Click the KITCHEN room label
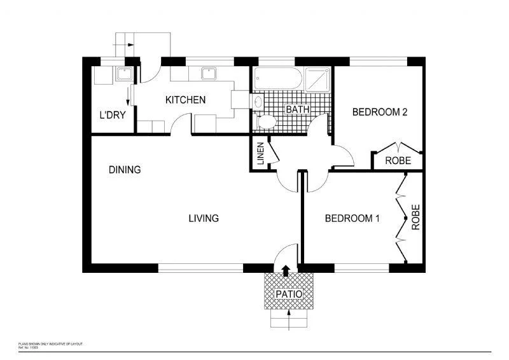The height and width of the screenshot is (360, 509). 185,100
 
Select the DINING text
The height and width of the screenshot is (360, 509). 124,170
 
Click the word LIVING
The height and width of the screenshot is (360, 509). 204,218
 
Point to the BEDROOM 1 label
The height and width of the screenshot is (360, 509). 352,219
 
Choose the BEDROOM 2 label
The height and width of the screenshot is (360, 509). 380,113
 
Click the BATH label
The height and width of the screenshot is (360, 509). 297,109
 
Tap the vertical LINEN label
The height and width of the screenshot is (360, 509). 260,155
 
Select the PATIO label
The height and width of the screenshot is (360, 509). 289,294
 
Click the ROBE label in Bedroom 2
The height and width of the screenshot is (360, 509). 398,161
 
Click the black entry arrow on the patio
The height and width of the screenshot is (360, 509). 286,271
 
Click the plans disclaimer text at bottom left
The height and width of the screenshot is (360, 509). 51,344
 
